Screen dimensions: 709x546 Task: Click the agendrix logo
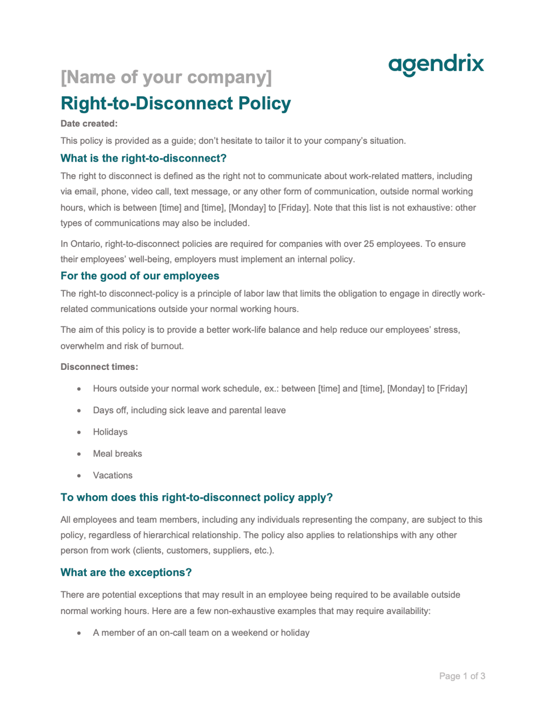coord(436,64)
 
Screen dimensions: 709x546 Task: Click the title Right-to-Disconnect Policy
coord(176,104)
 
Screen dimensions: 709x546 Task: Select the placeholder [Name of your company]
coord(166,77)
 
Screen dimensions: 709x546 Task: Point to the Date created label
coord(89,123)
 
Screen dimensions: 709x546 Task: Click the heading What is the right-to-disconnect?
coord(143,158)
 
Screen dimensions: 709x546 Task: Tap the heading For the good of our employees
coord(140,276)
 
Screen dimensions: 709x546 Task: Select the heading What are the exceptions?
coord(126,572)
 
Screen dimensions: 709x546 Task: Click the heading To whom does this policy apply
coord(196,497)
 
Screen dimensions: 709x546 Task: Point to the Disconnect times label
coord(99,367)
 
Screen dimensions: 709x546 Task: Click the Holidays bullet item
coord(110,432)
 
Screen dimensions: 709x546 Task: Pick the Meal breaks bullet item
coord(117,454)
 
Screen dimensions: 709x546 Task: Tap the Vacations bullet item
coord(113,475)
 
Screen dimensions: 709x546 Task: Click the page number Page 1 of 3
coord(462,676)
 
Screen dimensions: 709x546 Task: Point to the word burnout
coord(167,346)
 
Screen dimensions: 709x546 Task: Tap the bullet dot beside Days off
coord(79,410)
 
